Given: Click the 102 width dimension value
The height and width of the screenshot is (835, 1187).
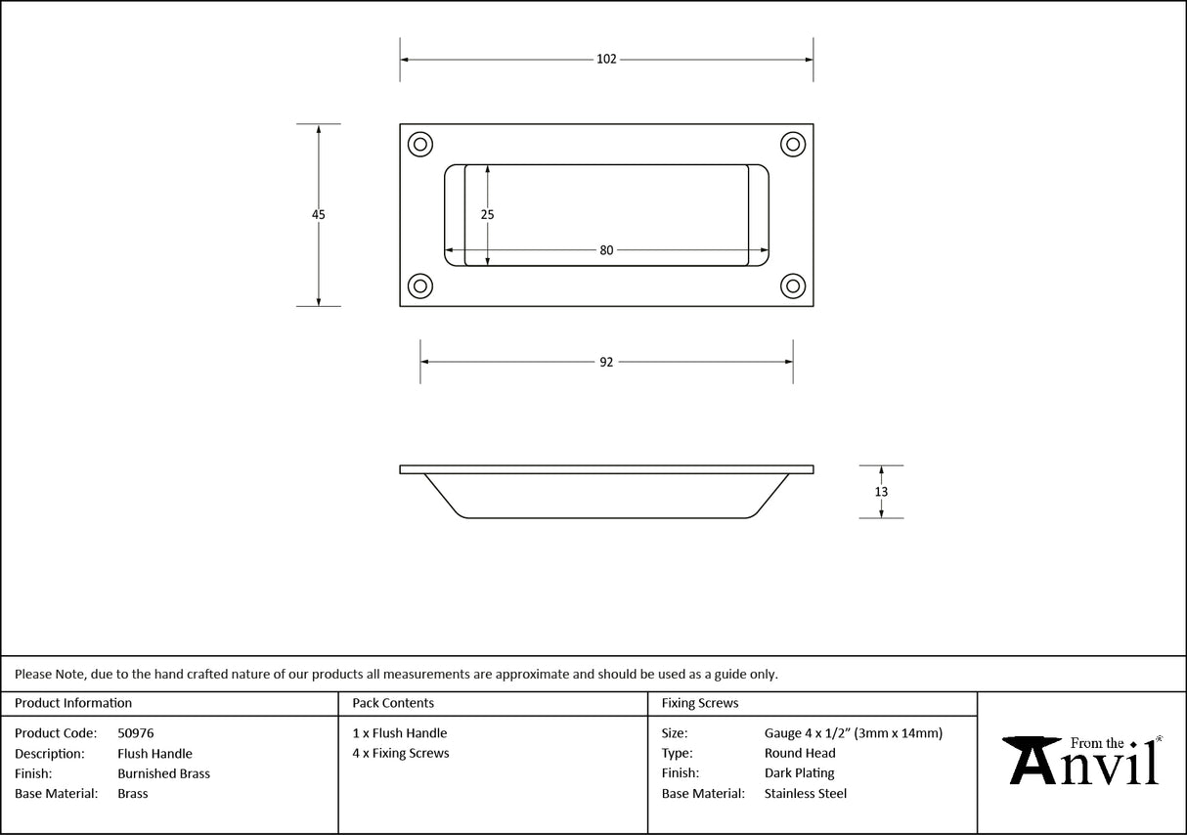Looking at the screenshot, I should click(x=606, y=60).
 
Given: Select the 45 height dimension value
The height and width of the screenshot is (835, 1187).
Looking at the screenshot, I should click(x=319, y=215).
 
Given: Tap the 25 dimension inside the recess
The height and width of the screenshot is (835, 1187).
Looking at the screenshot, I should click(x=488, y=215).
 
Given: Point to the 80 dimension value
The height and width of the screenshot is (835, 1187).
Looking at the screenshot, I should click(x=606, y=250).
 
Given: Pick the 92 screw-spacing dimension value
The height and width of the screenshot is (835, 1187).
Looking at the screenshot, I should click(x=606, y=362).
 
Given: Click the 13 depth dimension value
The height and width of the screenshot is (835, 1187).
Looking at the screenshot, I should click(x=881, y=492).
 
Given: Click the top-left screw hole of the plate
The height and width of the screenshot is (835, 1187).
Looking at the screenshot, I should click(x=420, y=145).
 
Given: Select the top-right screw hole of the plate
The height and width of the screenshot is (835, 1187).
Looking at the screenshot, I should click(x=792, y=145).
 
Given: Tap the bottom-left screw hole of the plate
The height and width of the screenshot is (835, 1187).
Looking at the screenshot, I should click(x=420, y=286).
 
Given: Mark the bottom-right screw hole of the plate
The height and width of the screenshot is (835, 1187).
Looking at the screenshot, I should click(x=792, y=286).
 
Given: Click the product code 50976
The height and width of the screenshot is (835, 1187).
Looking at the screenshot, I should click(x=135, y=733).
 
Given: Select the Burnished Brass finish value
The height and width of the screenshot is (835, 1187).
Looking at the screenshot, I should click(x=163, y=773).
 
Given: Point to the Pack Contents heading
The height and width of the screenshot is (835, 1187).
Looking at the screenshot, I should click(x=393, y=703).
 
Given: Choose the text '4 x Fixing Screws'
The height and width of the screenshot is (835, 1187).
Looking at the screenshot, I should click(x=401, y=753).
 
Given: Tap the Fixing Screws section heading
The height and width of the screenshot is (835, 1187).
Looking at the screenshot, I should click(x=700, y=703).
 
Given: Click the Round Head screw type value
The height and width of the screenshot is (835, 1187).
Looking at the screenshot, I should click(x=800, y=753).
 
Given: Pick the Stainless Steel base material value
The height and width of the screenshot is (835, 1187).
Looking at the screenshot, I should click(x=806, y=794).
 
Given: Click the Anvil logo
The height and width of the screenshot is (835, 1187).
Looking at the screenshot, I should click(x=1082, y=761).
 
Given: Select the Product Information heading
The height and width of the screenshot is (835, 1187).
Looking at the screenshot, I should click(x=73, y=703).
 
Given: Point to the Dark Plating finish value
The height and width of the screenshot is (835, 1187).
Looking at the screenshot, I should click(x=800, y=773).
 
